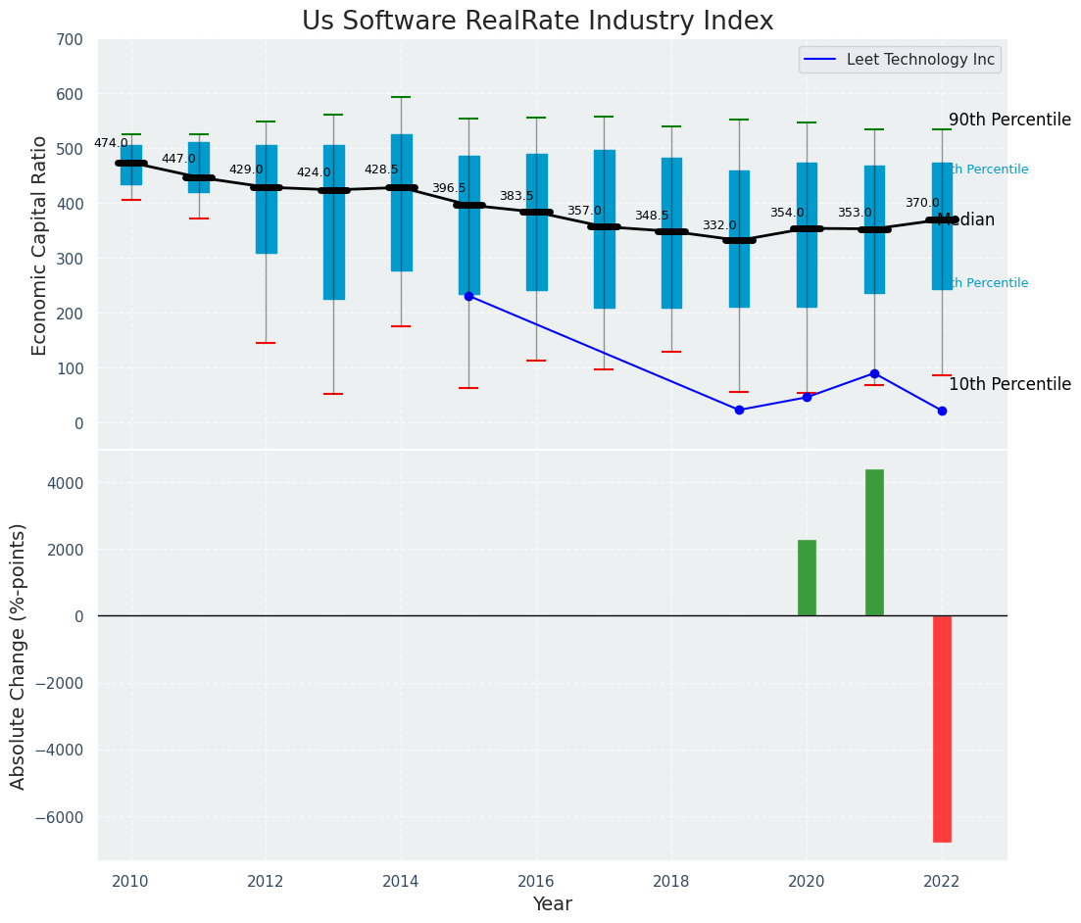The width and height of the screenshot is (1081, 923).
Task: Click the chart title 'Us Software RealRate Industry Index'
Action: click(537, 22)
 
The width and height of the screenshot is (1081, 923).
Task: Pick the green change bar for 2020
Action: click(807, 578)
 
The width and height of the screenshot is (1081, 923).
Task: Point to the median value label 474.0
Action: click(111, 143)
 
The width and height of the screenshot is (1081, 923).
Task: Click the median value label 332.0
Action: click(719, 225)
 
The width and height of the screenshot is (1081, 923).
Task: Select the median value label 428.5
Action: click(381, 170)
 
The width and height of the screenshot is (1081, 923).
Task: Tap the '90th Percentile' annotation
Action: click(1009, 120)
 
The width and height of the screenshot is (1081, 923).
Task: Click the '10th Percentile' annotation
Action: click(1009, 384)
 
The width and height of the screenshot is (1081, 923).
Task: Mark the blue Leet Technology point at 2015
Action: click(468, 295)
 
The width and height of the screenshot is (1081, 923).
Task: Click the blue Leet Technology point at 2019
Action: click(739, 410)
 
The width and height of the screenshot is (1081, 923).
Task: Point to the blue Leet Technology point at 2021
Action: click(874, 373)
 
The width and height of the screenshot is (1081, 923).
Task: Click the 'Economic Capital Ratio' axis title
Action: click(40, 245)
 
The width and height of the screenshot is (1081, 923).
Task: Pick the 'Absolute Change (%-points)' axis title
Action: click(19, 656)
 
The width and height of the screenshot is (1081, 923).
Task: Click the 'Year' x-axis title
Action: click(552, 904)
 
